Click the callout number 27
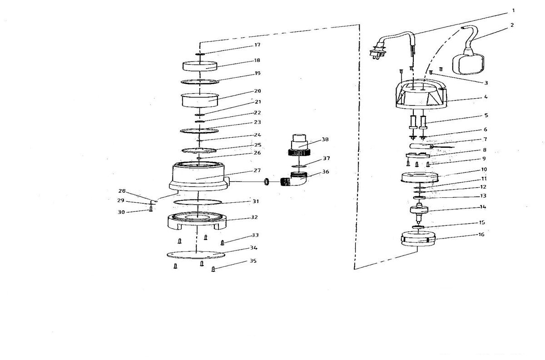[257, 170]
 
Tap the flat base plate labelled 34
[195, 254]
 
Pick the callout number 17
[257, 45]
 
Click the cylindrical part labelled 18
[200, 65]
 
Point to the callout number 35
[253, 261]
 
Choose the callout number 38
[325, 140]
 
